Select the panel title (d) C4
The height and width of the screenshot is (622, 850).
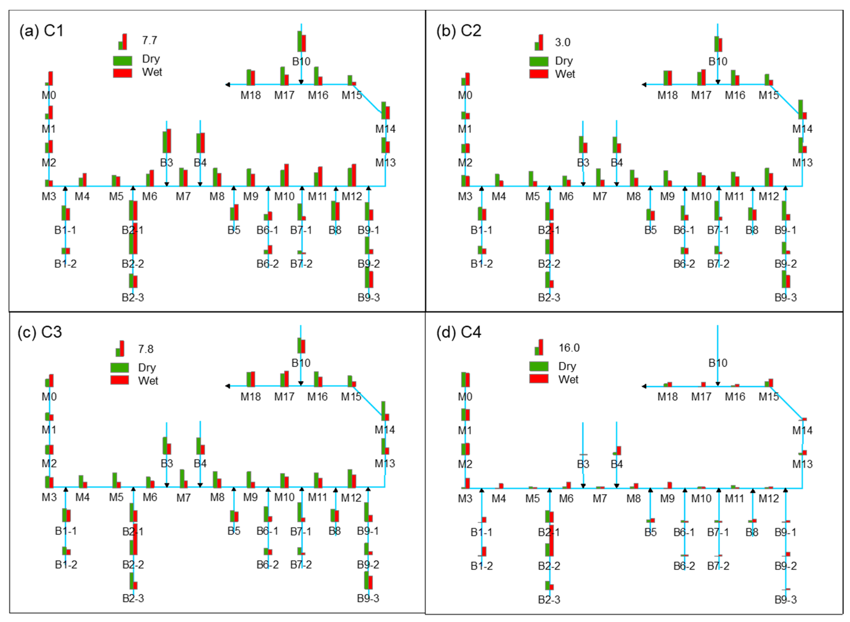[458, 332]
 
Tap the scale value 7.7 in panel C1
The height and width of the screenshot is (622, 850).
[150, 40]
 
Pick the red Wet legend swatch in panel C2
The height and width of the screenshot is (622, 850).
[539, 74]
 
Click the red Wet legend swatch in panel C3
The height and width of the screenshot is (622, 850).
[120, 380]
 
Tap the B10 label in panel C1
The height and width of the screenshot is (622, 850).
[301, 61]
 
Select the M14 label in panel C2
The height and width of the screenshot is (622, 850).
[802, 129]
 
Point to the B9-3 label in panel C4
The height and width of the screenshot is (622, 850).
[786, 599]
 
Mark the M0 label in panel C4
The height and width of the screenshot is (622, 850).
[465, 397]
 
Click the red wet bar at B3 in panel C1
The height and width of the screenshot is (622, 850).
[169, 141]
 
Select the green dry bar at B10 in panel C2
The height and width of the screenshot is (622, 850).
[716, 44]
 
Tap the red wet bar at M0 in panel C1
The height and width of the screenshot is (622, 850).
[51, 78]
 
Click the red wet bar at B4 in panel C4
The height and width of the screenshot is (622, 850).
[619, 451]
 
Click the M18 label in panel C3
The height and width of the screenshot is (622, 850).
[250, 397]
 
